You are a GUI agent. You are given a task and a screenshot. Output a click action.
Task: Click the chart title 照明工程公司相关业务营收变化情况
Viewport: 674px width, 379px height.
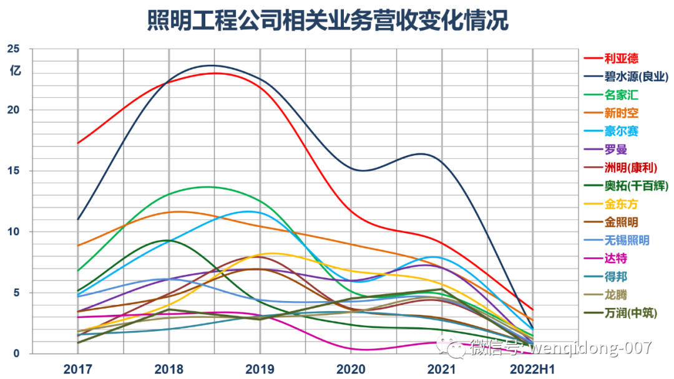coord(328,20)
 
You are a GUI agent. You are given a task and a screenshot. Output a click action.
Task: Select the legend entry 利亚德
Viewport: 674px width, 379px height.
coord(611,59)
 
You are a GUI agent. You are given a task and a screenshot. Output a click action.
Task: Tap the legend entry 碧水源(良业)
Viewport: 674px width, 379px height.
coord(626,77)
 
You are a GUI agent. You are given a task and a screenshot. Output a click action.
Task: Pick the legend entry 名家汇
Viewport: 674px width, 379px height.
coord(611,95)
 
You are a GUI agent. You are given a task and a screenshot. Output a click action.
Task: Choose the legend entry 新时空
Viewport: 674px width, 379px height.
coord(611,113)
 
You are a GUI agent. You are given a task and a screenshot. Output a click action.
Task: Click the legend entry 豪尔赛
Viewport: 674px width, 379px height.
coord(611,131)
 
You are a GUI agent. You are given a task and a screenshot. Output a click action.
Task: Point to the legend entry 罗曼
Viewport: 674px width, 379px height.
coord(605,150)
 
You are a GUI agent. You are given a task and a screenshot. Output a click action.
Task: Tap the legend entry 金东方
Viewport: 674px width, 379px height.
coord(611,204)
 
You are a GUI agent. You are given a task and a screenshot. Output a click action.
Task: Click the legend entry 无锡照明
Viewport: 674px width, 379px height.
coord(617,240)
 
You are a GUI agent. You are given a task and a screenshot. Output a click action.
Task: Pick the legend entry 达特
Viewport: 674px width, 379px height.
coord(605,258)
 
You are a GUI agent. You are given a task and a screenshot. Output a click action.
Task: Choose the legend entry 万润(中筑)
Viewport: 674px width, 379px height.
coord(620,313)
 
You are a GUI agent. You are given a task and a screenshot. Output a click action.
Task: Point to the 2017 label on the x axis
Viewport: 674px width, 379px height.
coord(78,369)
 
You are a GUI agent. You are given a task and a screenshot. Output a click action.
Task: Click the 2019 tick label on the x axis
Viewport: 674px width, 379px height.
coord(260,369)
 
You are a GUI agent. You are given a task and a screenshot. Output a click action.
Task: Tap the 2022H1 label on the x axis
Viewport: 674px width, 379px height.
coord(532,369)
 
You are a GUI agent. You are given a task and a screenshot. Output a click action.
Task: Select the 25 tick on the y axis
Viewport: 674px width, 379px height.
coord(13,49)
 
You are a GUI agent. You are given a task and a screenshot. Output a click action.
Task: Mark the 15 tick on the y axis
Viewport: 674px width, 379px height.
coord(13,170)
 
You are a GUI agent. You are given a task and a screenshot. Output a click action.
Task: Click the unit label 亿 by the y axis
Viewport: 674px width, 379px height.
coord(15,70)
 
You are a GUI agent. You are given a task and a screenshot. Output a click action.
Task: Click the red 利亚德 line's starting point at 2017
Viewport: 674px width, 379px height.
coord(78,143)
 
